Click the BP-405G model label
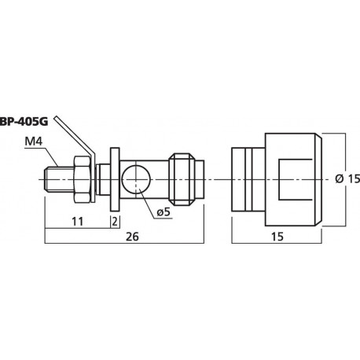24,122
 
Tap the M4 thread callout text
33,141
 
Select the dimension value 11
77,222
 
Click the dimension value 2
115,222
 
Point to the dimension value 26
132,237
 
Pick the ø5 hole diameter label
163,212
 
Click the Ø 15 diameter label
347,178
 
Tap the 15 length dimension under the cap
277,237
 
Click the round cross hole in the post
136,180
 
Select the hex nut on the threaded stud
83,179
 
